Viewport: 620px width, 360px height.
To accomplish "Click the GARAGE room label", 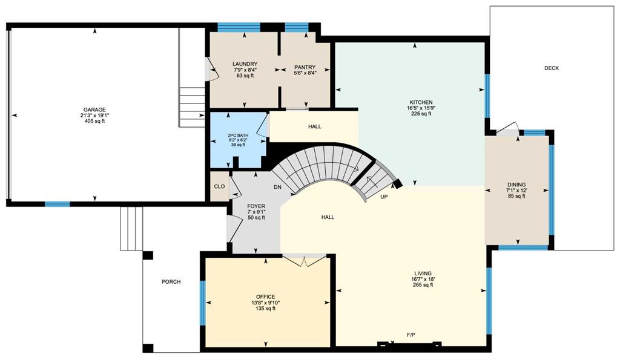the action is (94, 110).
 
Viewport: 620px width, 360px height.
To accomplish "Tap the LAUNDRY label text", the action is (245, 64).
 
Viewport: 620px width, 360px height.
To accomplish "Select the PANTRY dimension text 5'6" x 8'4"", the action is (305, 73).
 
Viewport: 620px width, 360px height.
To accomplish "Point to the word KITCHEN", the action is (421, 102).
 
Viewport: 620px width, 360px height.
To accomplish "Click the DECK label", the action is (552, 68).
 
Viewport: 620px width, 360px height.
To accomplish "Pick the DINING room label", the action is (516, 185).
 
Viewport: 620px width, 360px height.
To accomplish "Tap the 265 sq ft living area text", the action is (423, 284).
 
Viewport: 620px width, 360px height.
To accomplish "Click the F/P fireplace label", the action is (411, 335).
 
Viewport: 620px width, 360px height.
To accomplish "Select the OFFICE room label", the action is (265, 296).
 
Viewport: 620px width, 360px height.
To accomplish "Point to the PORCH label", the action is (171, 282).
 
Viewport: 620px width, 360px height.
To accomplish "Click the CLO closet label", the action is (219, 186).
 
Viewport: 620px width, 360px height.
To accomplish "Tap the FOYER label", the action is (256, 206).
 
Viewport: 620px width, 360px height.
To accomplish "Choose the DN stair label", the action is (277, 187).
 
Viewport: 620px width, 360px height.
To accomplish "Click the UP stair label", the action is (384, 197).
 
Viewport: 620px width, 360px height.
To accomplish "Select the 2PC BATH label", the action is (238, 136).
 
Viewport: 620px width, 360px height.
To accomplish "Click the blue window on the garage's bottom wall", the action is (58, 204).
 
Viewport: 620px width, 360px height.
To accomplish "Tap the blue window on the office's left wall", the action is (203, 303).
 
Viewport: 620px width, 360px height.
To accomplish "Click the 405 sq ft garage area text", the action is (94, 122).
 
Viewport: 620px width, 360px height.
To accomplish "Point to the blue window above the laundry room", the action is (239, 27).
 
